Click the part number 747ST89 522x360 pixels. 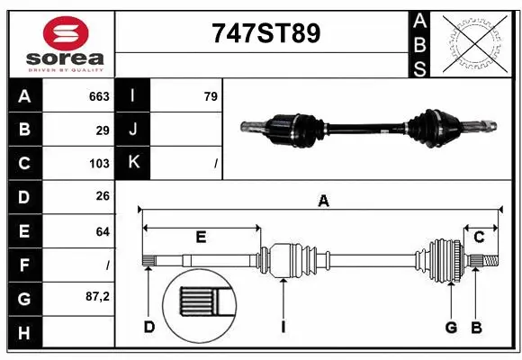[264, 34]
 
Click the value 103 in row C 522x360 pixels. [99, 164]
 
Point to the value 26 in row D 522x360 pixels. [103, 196]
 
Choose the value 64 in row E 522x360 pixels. [103, 231]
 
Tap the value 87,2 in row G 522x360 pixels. [97, 296]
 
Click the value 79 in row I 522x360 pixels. [211, 96]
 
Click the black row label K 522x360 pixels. [133, 163]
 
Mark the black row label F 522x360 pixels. [23, 265]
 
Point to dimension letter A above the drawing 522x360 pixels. [322, 202]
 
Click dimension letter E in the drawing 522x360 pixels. [200, 238]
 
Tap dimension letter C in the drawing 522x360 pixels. [479, 237]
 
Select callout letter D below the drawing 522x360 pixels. [149, 327]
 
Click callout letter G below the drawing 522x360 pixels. [451, 327]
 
